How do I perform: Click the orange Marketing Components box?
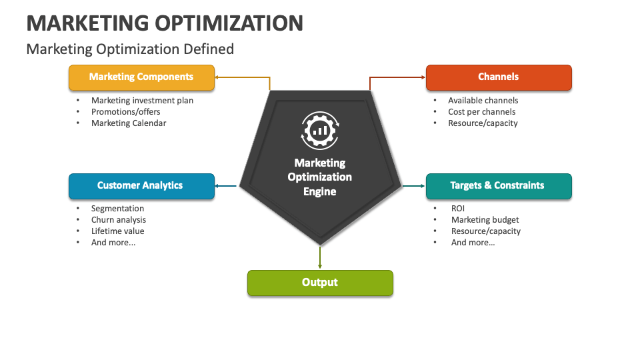141,77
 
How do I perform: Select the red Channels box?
499,77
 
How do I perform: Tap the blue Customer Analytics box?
141,186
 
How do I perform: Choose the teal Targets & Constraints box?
499,186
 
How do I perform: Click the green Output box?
320,283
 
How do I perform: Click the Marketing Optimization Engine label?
320,177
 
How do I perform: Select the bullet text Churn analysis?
119,220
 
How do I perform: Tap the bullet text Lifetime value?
118,231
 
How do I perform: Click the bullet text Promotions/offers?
126,112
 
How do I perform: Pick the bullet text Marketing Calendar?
129,123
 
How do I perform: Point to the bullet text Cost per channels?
482,112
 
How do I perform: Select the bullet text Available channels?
483,101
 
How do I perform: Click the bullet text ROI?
458,209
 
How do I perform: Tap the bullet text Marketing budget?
485,220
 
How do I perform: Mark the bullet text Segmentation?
117,209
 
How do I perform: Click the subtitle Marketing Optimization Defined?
130,49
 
